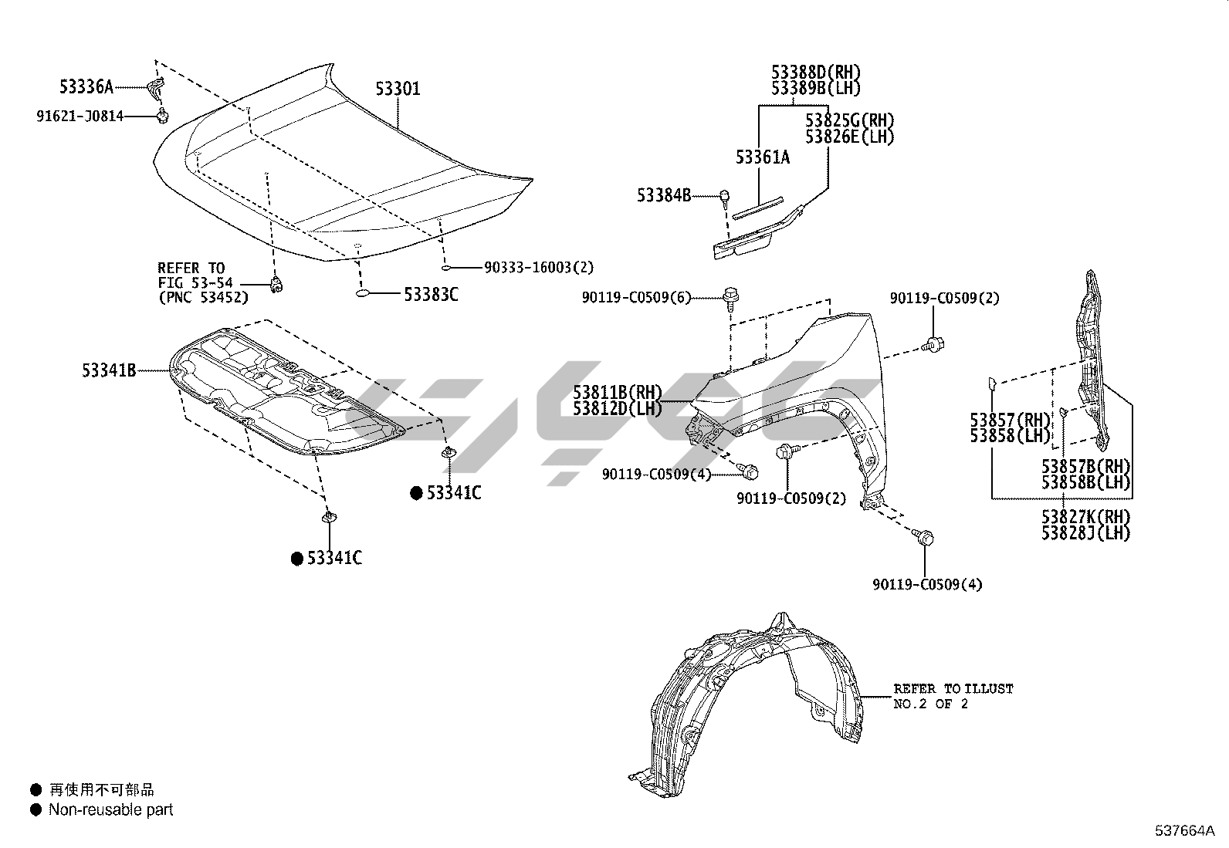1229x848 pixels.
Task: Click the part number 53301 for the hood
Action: click(398, 89)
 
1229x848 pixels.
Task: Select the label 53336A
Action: click(86, 86)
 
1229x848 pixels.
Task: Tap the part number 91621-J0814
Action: click(80, 117)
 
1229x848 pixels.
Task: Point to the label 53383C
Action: click(431, 294)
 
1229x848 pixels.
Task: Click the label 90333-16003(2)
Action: click(539, 268)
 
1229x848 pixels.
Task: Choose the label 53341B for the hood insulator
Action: click(109, 370)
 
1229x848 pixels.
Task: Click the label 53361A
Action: click(763, 157)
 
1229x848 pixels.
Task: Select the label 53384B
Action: click(664, 195)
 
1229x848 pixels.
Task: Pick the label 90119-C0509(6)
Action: click(637, 298)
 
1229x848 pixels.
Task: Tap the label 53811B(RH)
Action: click(618, 393)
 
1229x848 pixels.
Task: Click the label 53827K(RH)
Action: click(1085, 516)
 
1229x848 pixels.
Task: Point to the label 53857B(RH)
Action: click(1085, 466)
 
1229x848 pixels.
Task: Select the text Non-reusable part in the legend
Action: click(110, 810)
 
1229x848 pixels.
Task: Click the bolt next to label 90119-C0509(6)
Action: click(730, 296)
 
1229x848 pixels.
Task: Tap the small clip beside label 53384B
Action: click(725, 196)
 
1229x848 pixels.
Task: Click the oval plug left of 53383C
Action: click(365, 294)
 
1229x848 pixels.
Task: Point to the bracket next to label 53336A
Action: click(157, 87)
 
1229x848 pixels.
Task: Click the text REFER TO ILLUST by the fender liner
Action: click(953, 688)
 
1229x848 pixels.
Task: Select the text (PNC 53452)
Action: click(203, 297)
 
